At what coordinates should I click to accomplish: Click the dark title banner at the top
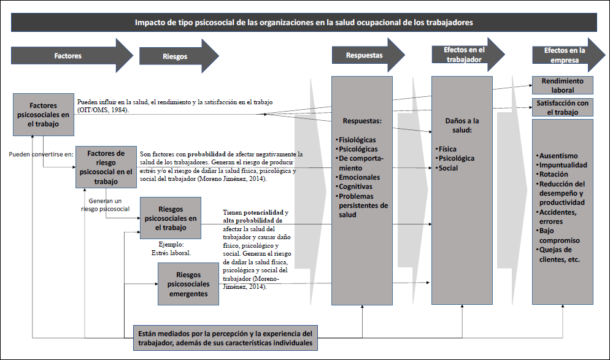304,22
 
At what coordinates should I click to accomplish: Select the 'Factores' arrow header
68,56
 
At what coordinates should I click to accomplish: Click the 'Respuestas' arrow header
364,55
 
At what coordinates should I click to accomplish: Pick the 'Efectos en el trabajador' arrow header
464,55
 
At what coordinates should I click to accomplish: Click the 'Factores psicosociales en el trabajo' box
43,115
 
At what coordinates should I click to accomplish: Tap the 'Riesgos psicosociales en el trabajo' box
171,218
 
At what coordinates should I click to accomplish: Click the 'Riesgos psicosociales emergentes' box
188,283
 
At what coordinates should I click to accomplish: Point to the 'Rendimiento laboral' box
562,85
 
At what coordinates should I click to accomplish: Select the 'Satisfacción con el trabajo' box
562,107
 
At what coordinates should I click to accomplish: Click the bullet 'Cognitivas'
357,186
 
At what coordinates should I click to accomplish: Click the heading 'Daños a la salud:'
461,125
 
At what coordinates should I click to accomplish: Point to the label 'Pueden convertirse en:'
41,154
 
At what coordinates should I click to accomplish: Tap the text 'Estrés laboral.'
171,252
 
